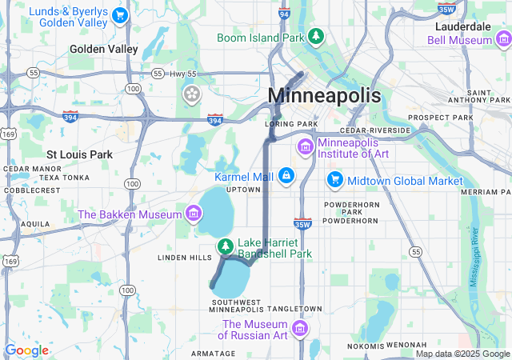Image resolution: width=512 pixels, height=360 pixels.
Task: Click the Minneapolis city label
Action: click(324, 95)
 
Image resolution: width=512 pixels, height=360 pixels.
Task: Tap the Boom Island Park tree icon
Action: click(317, 37)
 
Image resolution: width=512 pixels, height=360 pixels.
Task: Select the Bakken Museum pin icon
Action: click(192, 214)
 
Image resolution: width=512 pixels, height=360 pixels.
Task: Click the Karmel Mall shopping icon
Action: click(286, 176)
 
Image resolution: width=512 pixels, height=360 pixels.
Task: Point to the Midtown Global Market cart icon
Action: click(335, 181)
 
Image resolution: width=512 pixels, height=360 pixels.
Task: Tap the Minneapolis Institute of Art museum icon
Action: click(305, 146)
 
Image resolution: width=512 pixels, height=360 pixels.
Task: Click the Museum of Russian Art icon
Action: click(299, 329)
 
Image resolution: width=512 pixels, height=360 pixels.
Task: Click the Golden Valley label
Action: click(103, 49)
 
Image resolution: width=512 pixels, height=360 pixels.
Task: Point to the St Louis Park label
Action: click(79, 154)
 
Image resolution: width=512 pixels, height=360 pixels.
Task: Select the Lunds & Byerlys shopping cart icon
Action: click(119, 15)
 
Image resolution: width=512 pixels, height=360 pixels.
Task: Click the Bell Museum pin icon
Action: click(502, 38)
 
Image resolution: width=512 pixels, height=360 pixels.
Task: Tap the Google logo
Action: click(26, 350)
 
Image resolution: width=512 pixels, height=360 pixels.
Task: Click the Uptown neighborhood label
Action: click(243, 190)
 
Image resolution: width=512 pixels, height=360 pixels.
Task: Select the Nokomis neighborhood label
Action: click(366, 346)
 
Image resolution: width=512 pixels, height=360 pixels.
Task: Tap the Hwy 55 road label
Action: click(182, 74)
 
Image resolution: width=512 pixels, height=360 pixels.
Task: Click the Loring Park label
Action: click(291, 125)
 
